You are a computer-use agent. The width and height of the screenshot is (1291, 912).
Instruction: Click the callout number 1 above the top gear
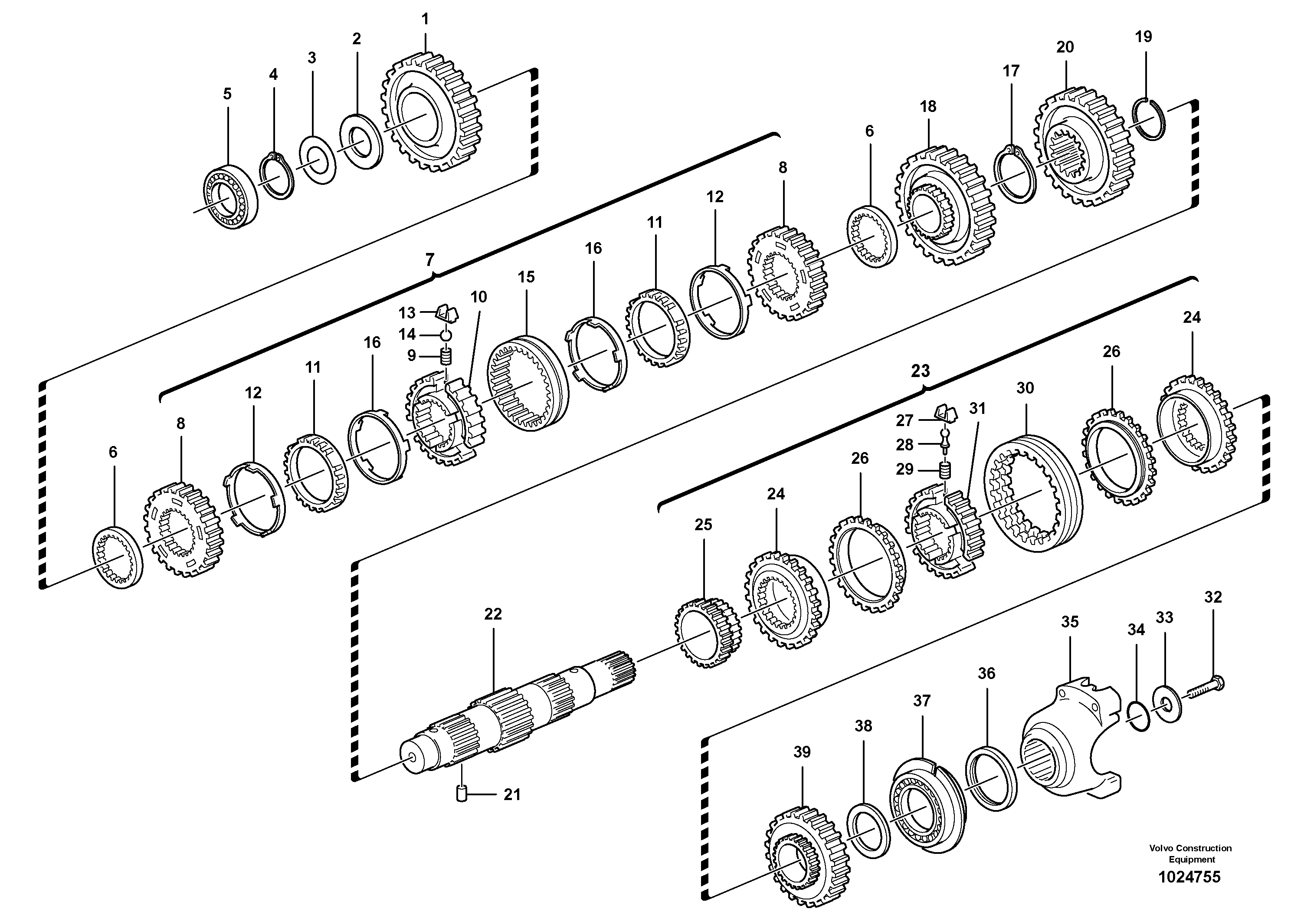(425, 20)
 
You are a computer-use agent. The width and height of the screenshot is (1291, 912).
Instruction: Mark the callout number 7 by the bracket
(429, 260)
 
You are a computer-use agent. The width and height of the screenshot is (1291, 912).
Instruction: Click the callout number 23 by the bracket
(921, 371)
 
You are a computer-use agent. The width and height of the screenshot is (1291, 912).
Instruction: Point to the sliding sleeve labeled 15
(528, 382)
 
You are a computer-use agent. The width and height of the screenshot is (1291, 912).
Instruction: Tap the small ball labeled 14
(446, 335)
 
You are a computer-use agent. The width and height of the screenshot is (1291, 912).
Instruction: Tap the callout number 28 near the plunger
(904, 445)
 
